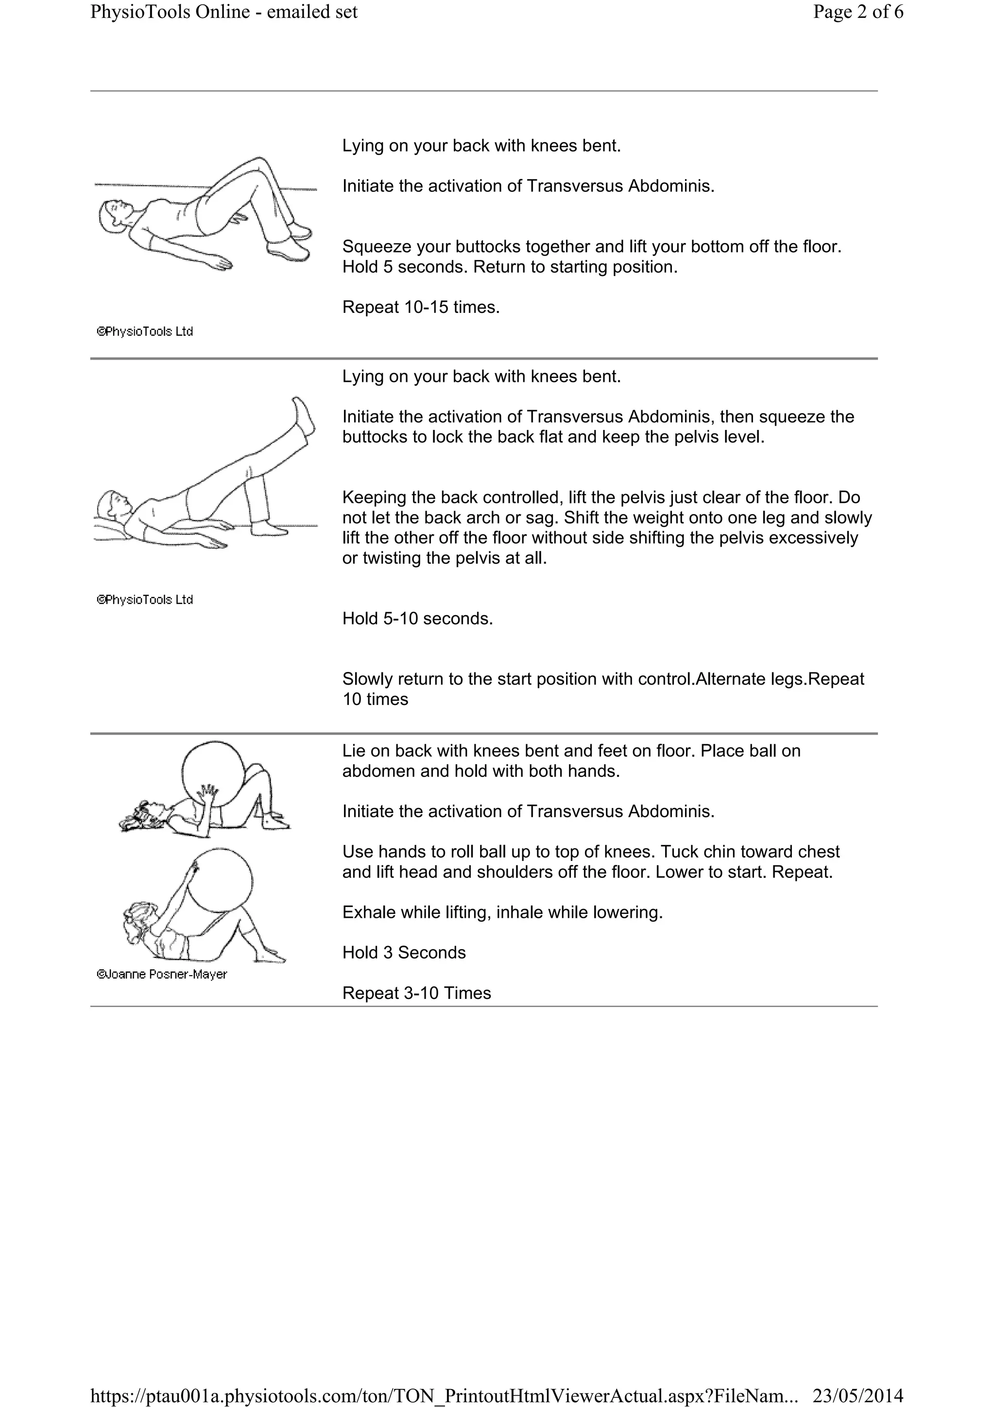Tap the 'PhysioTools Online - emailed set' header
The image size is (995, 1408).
coord(224,12)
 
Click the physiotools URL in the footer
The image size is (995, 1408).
coord(444,1395)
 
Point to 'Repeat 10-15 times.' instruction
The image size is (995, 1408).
coord(421,307)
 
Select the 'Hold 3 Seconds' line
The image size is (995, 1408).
coord(404,952)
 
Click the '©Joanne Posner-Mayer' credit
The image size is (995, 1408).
coord(162,975)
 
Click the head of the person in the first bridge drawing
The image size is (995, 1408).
coord(113,216)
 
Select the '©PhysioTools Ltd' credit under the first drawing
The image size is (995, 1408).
coord(145,332)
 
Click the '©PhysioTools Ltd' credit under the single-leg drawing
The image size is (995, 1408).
coord(145,600)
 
